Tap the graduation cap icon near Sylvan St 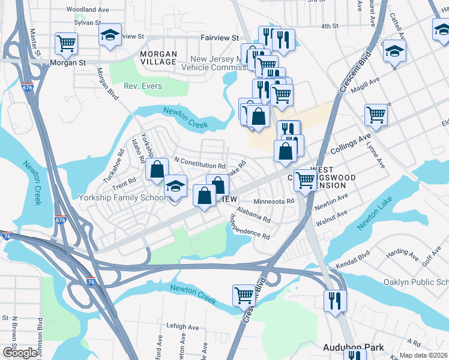[x=110, y=35]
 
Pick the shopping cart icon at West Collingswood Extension [x=306, y=179]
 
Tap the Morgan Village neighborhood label [x=158, y=58]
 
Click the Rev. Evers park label [x=143, y=86]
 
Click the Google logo [x=20, y=353]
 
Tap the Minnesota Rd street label [x=273, y=202]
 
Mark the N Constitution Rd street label [x=199, y=163]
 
